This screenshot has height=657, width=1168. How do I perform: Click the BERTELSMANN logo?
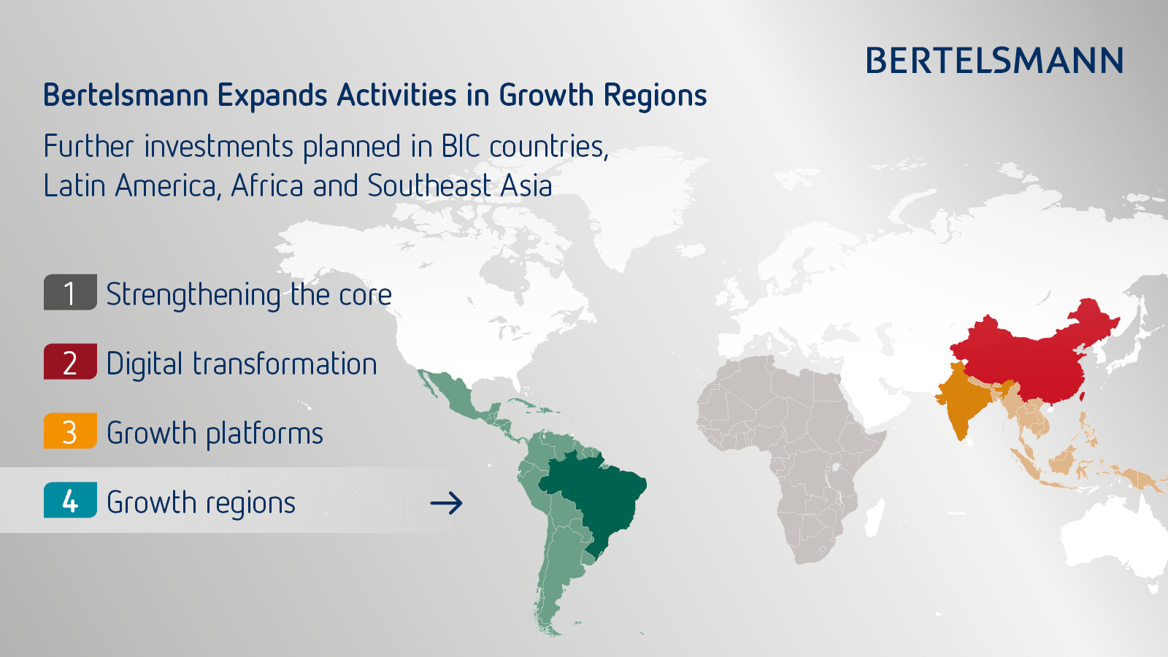coord(994,60)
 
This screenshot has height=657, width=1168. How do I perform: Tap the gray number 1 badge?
coord(70,292)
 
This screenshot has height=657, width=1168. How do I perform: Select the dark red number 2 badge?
coord(70,361)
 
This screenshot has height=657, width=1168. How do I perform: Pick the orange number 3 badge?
coord(70,431)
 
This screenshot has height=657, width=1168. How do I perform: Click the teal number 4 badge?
coord(70,500)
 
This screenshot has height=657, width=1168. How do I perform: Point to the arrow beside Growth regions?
coord(446,503)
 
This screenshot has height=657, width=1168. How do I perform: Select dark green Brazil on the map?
coord(594,496)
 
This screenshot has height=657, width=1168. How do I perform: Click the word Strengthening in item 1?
coord(193,295)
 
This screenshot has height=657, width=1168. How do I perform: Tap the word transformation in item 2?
coord(285,364)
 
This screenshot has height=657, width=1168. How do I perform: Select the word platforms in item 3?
coord(265,434)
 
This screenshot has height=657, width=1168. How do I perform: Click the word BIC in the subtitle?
coord(461,146)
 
